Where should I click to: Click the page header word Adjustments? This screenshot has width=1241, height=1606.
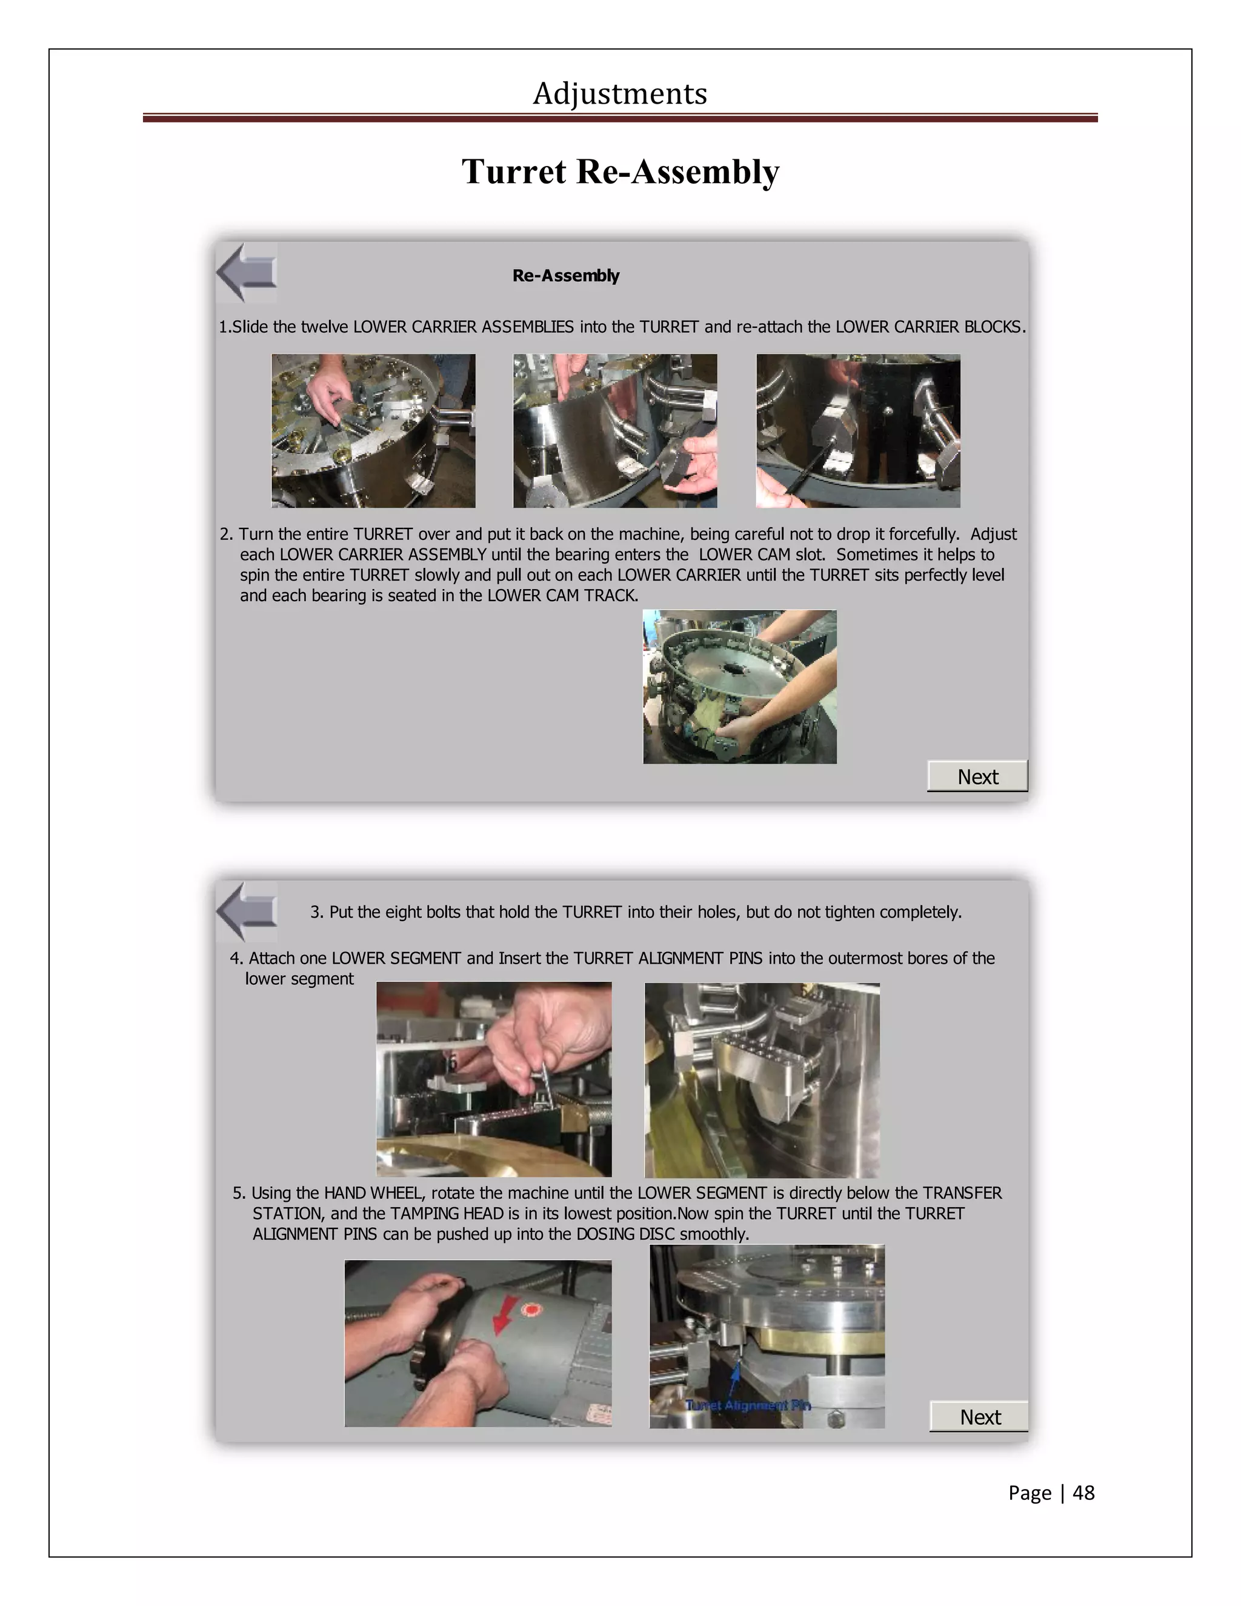[620, 93]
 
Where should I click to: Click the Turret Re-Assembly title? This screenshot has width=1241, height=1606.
[620, 172]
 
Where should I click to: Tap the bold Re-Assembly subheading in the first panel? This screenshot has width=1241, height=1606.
[565, 276]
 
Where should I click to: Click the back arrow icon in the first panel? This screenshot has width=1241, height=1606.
[246, 273]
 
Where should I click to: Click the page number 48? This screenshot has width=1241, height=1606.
[1083, 1492]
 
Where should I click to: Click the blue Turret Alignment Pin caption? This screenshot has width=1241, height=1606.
[747, 1405]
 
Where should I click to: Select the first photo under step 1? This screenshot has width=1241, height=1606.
[373, 431]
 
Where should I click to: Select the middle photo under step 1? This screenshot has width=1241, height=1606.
[614, 431]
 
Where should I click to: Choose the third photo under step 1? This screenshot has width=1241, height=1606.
[857, 431]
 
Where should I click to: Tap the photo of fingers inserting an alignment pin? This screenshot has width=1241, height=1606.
[493, 1079]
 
